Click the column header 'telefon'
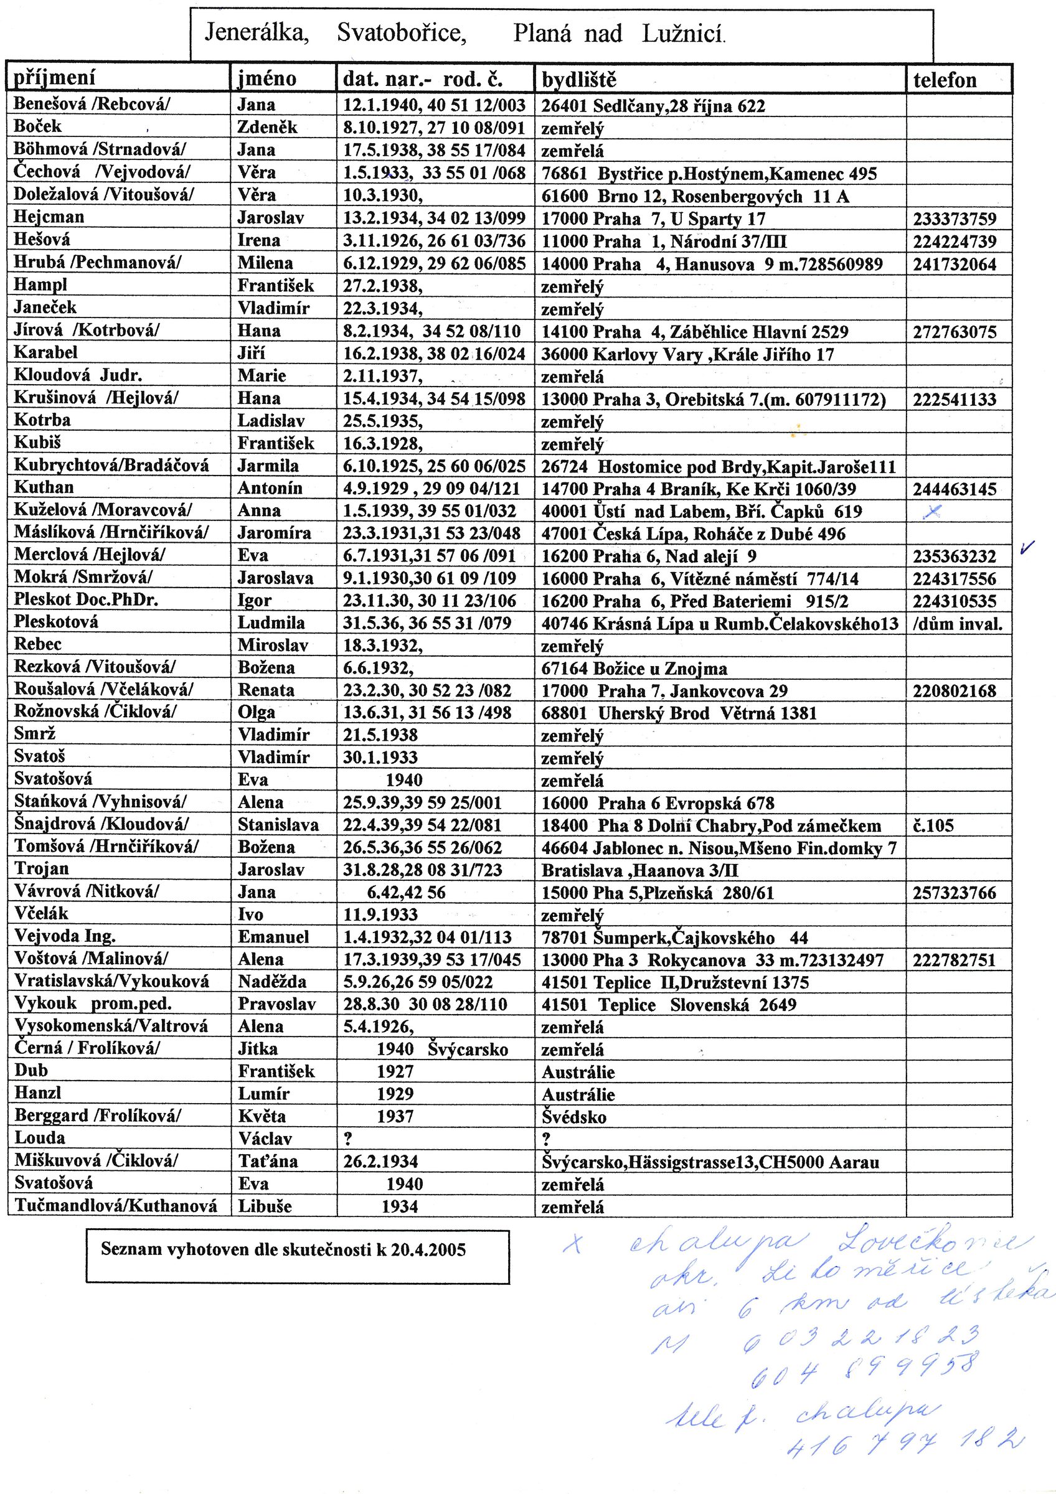pyautogui.click(x=945, y=80)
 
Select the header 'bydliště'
pyautogui.click(x=578, y=80)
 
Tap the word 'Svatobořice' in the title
pyautogui.click(x=402, y=32)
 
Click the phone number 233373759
pyautogui.click(x=955, y=219)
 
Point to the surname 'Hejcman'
pyautogui.click(x=49, y=217)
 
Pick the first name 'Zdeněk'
pyautogui.click(x=266, y=128)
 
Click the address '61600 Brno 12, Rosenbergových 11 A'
pyautogui.click(x=695, y=197)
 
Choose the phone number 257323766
pyautogui.click(x=955, y=893)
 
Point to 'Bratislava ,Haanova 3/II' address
pyautogui.click(x=639, y=871)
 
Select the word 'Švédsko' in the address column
pyautogui.click(x=574, y=1117)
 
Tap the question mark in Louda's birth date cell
pyautogui.click(x=348, y=1139)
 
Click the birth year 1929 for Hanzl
pyautogui.click(x=395, y=1094)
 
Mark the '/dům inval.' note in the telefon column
pyautogui.click(x=958, y=624)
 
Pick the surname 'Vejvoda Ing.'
pyautogui.click(x=65, y=936)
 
